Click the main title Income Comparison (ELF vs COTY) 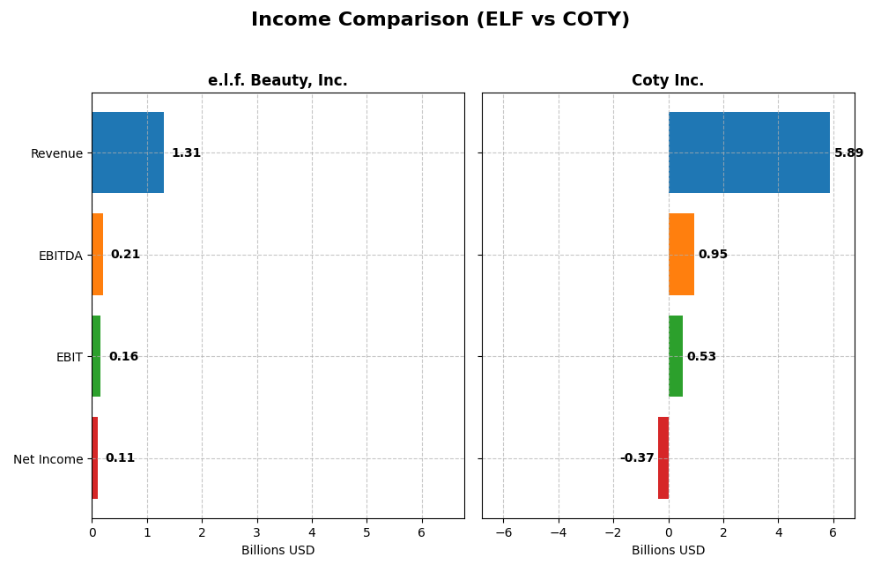click(440, 20)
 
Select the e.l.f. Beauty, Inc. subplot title click(278, 81)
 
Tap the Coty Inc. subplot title click(668, 81)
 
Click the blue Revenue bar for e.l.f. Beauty click(128, 152)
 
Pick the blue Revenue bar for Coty click(749, 152)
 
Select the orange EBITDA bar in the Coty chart click(681, 255)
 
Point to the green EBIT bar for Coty click(676, 356)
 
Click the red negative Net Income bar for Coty click(663, 458)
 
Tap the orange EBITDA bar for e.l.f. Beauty click(98, 255)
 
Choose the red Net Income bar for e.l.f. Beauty click(95, 458)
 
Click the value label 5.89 click(848, 153)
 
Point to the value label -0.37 click(637, 458)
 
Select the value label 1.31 click(186, 153)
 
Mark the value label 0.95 click(713, 255)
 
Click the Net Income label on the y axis click(48, 459)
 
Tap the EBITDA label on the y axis click(61, 256)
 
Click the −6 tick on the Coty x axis click(503, 532)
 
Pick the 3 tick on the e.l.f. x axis click(257, 532)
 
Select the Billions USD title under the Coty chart click(668, 551)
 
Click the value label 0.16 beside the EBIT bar click(123, 357)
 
